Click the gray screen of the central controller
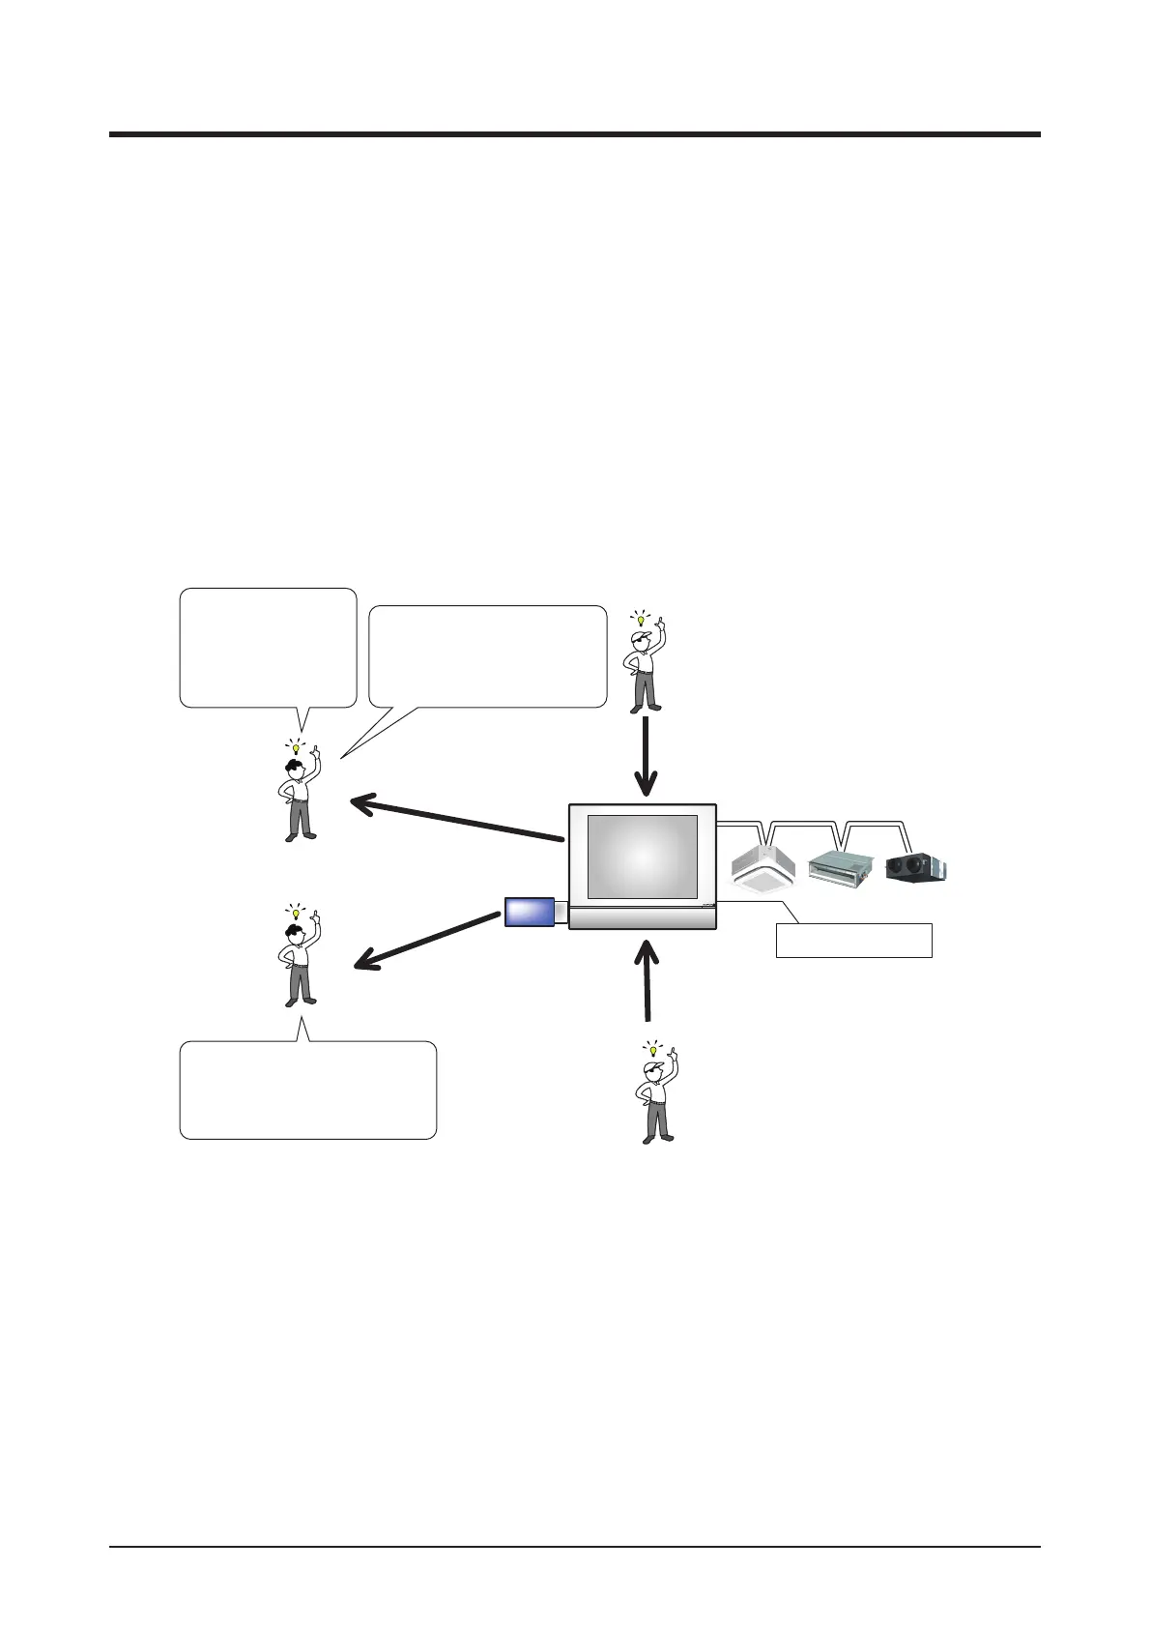(643, 857)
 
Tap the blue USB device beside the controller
(530, 912)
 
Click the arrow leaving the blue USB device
(425, 941)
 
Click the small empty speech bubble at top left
(268, 648)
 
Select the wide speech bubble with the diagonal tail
(487, 657)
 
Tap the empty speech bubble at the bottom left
(307, 1090)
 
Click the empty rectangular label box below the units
(853, 941)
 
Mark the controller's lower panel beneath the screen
(643, 916)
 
